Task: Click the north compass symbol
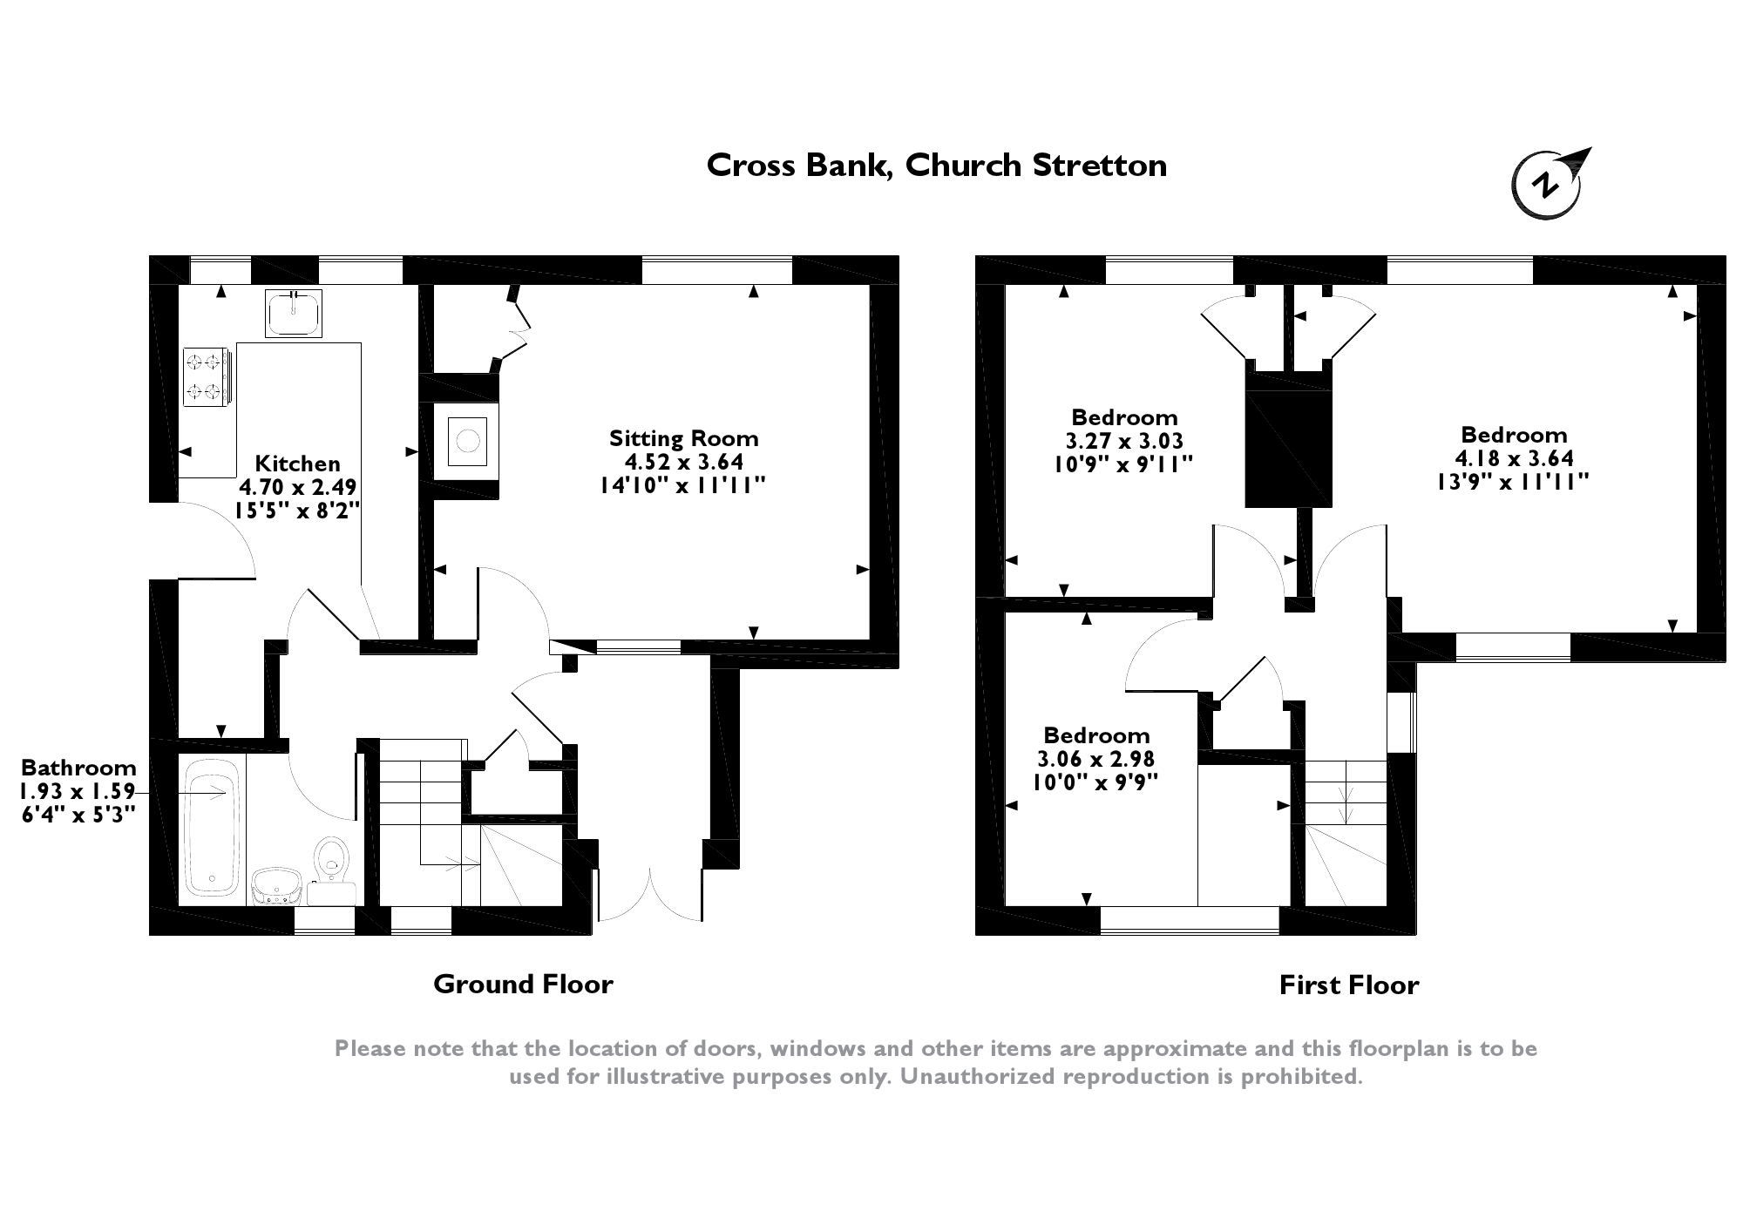[x=1547, y=185]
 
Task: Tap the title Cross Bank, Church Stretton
[x=936, y=166]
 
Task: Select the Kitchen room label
[x=297, y=464]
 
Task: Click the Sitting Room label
[x=683, y=438]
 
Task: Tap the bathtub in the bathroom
[x=211, y=827]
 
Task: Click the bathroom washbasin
[x=276, y=885]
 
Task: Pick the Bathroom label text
[x=78, y=768]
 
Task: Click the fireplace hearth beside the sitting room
[x=467, y=440]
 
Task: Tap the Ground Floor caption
[x=523, y=985]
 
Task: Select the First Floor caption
[x=1348, y=985]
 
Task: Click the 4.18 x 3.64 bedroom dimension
[x=1514, y=457]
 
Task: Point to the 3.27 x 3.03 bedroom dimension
[x=1124, y=441]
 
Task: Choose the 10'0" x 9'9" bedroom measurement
[x=1095, y=782]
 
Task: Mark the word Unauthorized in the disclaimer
[x=976, y=1077]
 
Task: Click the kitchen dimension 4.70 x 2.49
[x=297, y=487]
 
